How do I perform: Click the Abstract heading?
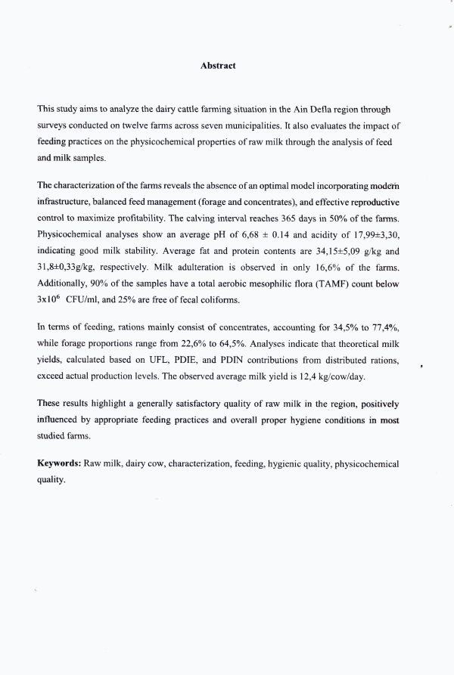coord(218,66)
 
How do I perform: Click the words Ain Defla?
coord(306,110)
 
